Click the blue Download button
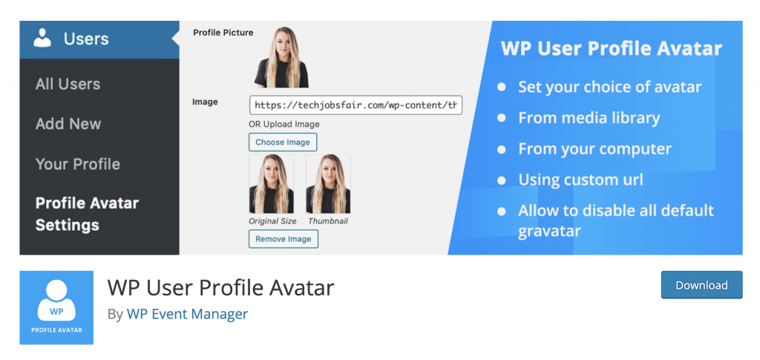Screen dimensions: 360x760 click(701, 285)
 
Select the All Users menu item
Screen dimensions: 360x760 click(68, 84)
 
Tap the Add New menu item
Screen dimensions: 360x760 click(68, 124)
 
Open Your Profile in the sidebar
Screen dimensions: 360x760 click(78, 164)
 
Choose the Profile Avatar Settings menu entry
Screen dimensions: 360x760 click(87, 214)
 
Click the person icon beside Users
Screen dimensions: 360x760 click(43, 39)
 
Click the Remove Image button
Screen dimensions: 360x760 click(283, 239)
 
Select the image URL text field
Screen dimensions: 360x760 click(356, 105)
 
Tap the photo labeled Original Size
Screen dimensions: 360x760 click(272, 184)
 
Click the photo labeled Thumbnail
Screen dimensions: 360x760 click(328, 184)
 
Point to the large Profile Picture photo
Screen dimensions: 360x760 click(281, 57)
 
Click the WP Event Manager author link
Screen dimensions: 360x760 click(187, 314)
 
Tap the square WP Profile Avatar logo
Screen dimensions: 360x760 click(56, 307)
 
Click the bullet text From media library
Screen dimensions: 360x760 click(589, 118)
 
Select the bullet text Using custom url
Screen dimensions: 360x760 click(580, 180)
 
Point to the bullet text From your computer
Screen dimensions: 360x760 click(594, 148)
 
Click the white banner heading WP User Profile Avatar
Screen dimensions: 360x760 click(611, 49)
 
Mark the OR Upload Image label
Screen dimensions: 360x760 click(284, 123)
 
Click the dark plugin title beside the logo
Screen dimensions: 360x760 click(221, 287)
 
